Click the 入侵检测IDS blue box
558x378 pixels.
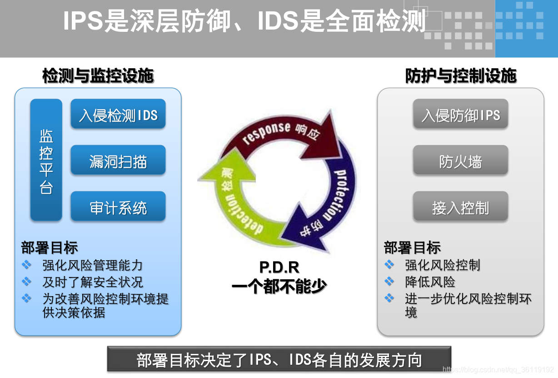(x=118, y=115)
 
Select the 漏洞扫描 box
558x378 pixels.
(x=118, y=161)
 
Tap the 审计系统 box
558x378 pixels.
(x=118, y=207)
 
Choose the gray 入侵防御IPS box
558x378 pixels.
(x=460, y=115)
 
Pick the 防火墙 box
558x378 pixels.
(x=460, y=161)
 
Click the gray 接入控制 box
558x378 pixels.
(x=460, y=207)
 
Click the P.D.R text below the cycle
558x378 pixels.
(x=279, y=267)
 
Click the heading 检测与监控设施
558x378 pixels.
(x=98, y=76)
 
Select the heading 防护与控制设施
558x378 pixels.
(x=460, y=76)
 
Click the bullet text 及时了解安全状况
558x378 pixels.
(x=93, y=282)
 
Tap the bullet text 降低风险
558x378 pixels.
(x=430, y=282)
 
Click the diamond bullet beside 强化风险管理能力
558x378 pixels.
(x=27, y=264)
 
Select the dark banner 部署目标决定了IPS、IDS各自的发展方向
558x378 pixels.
(x=279, y=360)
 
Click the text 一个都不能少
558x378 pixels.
(x=279, y=286)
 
